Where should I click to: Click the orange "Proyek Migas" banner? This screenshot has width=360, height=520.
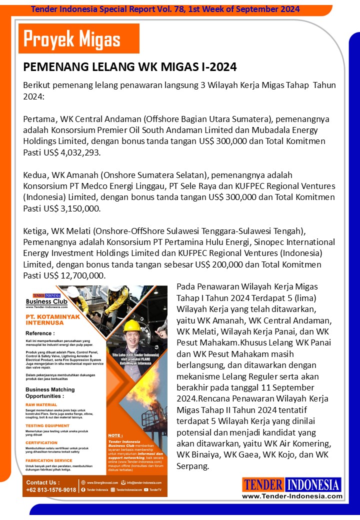coord(78,38)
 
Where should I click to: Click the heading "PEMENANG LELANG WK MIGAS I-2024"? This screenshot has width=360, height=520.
coord(130,66)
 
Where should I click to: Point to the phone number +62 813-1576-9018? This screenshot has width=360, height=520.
coord(51,489)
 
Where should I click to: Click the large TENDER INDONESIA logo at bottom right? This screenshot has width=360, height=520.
coord(291,484)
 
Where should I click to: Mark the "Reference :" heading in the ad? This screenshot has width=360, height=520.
coord(40,333)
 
